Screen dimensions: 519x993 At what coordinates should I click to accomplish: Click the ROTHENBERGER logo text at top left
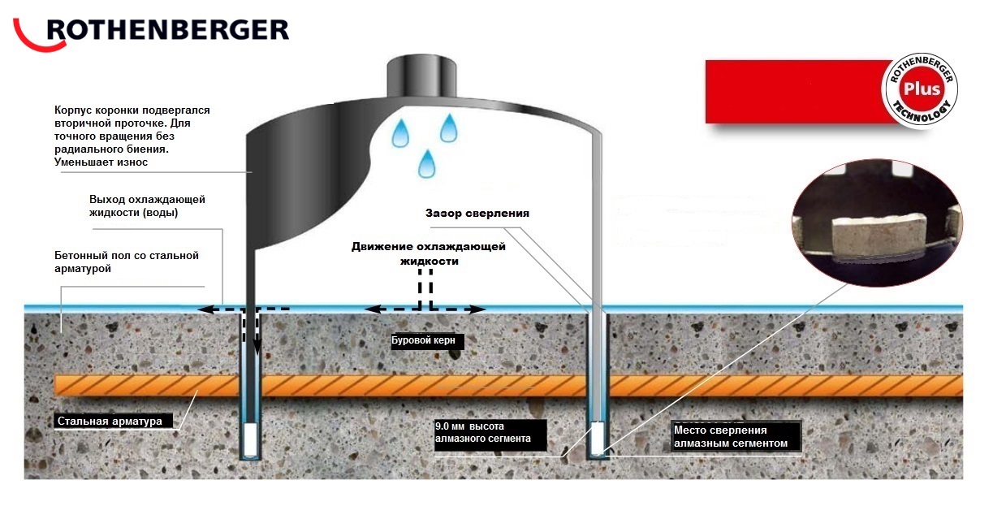pyautogui.click(x=166, y=30)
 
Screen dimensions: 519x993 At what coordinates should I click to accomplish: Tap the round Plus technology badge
pyautogui.click(x=921, y=89)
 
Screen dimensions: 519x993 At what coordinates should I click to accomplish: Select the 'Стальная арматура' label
pyautogui.click(x=114, y=422)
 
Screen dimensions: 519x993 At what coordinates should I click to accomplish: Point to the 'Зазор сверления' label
pyautogui.click(x=477, y=213)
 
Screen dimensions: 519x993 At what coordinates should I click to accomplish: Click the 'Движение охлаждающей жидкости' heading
pyautogui.click(x=428, y=253)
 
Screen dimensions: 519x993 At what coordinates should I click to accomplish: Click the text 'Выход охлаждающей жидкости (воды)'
pyautogui.click(x=146, y=206)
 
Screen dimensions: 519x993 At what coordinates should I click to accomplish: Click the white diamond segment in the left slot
pyautogui.click(x=252, y=439)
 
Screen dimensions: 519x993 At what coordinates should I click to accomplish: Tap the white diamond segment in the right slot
pyautogui.click(x=599, y=439)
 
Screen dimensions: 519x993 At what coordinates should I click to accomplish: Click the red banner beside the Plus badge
pyautogui.click(x=796, y=91)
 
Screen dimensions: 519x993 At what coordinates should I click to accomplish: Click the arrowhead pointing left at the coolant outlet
pyautogui.click(x=205, y=309)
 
